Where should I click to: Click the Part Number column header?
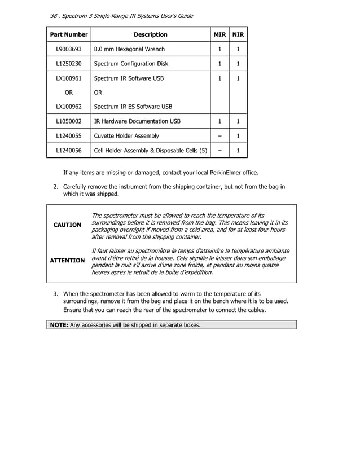pos(69,35)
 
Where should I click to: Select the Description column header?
pos(150,35)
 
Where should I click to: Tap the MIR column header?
pos(219,35)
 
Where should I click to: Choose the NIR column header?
pos(238,35)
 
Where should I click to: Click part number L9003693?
pos(68,50)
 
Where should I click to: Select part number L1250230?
pos(68,64)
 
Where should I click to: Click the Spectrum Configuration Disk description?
pos(131,64)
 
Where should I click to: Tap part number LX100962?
pos(68,107)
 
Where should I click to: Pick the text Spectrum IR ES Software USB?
pos(133,107)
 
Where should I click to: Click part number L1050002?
pos(68,121)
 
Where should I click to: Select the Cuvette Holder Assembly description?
pos(126,136)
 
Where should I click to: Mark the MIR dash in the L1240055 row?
pos(219,136)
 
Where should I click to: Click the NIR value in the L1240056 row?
pos(238,151)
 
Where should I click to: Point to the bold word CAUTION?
pos(67,225)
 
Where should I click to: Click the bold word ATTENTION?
pos(67,261)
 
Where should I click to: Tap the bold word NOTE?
pos(59,325)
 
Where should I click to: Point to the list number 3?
pos(56,294)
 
